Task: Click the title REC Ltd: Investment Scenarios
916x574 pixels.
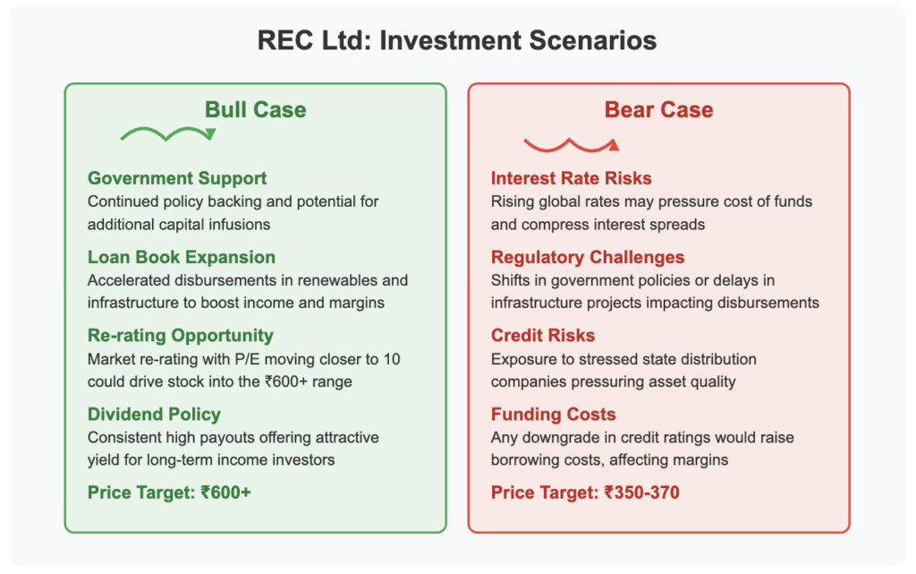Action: (457, 40)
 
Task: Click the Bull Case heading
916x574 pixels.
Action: (255, 110)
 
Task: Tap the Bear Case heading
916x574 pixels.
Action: (658, 110)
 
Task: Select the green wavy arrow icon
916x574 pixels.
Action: (168, 133)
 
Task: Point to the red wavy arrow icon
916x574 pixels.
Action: (572, 145)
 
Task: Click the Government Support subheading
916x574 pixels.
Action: (177, 178)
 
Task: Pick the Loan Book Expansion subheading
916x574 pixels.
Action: (181, 257)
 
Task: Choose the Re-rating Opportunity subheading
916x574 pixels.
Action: (181, 336)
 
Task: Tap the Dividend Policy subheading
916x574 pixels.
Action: (154, 415)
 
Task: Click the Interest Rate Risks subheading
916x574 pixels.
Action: (571, 178)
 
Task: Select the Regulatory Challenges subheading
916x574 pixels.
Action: (587, 257)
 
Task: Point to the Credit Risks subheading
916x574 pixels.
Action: (543, 336)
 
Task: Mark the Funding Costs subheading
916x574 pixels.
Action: (553, 415)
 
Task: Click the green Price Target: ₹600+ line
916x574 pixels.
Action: (169, 493)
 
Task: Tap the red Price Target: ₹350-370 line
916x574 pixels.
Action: (585, 493)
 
